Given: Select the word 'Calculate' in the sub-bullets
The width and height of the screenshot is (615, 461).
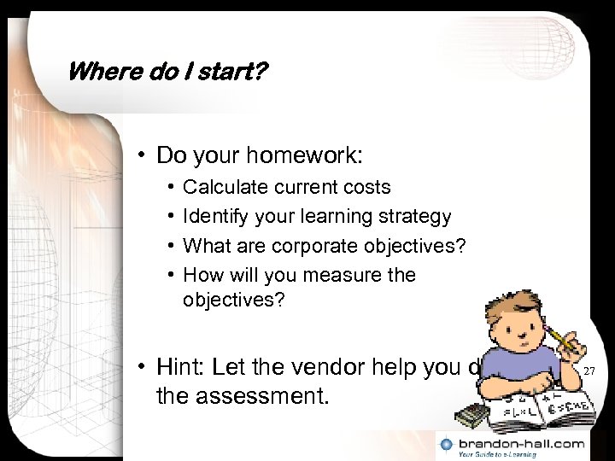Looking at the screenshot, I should pos(220,187).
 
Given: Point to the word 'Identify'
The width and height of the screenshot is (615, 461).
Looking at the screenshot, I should pos(213,217).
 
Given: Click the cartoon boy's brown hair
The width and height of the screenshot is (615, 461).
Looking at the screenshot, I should pos(504,295).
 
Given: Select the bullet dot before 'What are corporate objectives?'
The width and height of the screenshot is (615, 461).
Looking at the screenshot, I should pos(171,246).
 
